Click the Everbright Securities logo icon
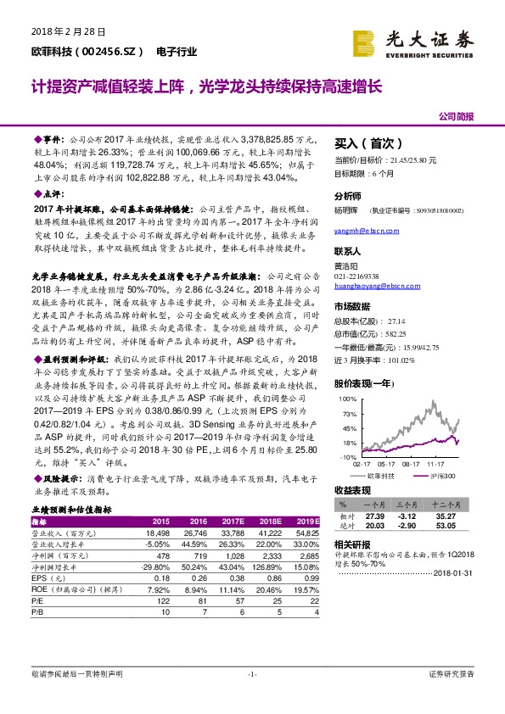(x=363, y=42)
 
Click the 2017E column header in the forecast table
(x=233, y=521)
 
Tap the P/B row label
(x=38, y=610)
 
